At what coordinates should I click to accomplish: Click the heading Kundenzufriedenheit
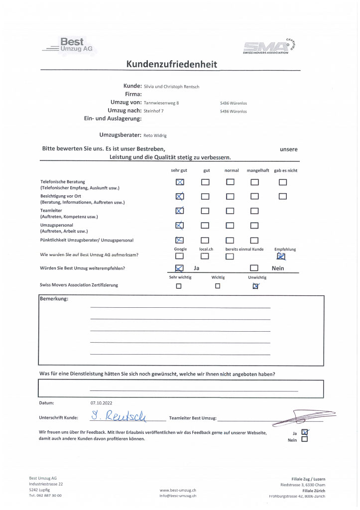pyautogui.click(x=172, y=64)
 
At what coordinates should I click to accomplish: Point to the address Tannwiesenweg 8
pyautogui.click(x=161, y=103)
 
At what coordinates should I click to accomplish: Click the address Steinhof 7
pyautogui.click(x=154, y=111)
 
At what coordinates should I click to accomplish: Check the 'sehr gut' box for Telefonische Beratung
pyautogui.click(x=180, y=182)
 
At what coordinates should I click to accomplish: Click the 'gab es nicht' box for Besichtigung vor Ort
pyautogui.click(x=283, y=196)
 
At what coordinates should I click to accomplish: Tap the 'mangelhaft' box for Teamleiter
pyautogui.click(x=254, y=211)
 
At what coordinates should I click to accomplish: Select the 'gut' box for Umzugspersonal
pyautogui.click(x=205, y=225)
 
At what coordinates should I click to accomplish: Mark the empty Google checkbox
pyautogui.click(x=179, y=256)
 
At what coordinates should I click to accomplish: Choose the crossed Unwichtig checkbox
pyautogui.click(x=256, y=286)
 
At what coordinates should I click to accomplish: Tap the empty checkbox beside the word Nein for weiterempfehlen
pyautogui.click(x=254, y=268)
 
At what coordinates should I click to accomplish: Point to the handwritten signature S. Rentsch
pyautogui.click(x=119, y=415)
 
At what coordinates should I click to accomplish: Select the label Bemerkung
pyautogui.click(x=54, y=300)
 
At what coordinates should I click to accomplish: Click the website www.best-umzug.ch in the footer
pyautogui.click(x=177, y=490)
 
